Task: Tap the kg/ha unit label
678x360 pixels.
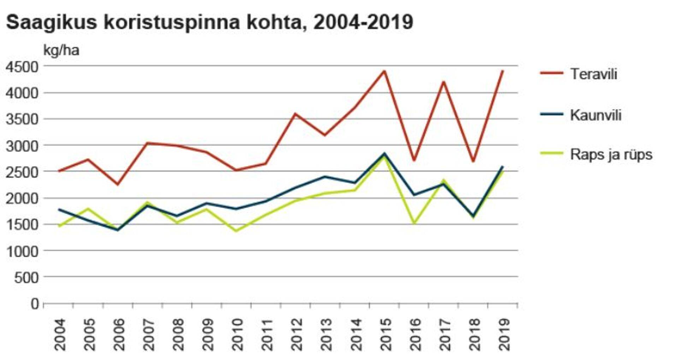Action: click(61, 51)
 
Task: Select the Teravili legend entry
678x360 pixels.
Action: click(594, 74)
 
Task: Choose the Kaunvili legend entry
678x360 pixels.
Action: click(595, 115)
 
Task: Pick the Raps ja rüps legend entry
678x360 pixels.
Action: click(611, 155)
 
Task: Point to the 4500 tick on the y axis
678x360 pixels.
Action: click(22, 66)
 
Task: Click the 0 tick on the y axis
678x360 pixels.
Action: click(35, 303)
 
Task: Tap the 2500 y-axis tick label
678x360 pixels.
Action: click(22, 172)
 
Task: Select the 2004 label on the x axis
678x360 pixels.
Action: click(60, 334)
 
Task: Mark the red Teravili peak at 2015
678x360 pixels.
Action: click(385, 71)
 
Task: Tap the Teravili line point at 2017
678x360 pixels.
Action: click(444, 82)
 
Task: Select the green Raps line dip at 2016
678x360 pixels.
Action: click(414, 223)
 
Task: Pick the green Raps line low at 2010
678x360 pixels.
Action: click(236, 231)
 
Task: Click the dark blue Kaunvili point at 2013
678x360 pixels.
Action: click(325, 177)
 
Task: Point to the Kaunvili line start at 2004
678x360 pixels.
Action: click(59, 209)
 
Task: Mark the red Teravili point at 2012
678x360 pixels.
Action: click(295, 113)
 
